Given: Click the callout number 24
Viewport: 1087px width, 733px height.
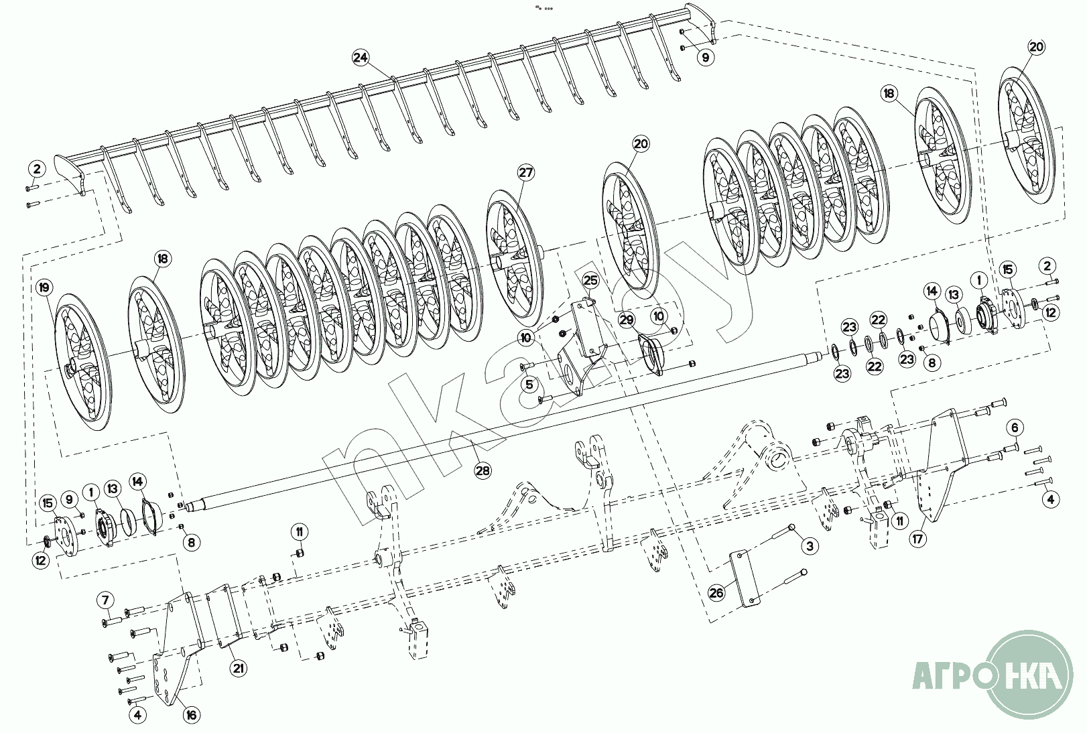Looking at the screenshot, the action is [361, 58].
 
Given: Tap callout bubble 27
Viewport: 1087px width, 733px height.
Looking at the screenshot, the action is [526, 173].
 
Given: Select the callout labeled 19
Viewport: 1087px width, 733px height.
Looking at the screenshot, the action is [44, 288].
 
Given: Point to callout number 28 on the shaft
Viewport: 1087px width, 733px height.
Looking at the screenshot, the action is [483, 470].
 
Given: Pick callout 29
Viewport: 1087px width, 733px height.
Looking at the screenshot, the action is [626, 320].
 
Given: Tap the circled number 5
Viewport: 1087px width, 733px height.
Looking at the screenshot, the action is [529, 385].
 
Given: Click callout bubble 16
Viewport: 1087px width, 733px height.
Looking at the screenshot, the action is [192, 715].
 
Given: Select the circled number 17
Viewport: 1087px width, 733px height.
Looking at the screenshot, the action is [918, 537].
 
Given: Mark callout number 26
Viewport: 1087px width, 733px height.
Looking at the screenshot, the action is [716, 592].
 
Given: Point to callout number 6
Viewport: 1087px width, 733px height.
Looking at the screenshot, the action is [1014, 427].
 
